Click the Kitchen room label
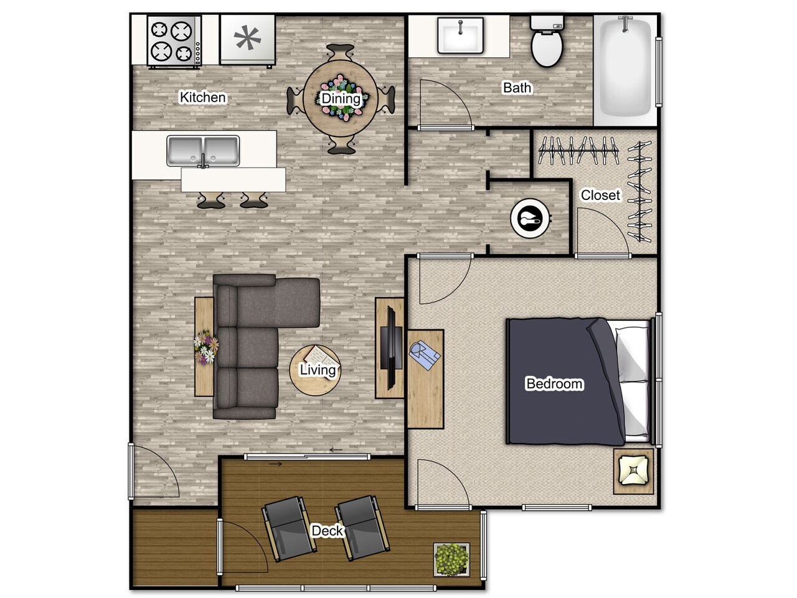(x=202, y=97)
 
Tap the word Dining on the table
(x=340, y=98)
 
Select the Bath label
(x=517, y=88)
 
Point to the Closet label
(x=600, y=195)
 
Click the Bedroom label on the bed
(x=554, y=384)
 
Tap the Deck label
(x=328, y=531)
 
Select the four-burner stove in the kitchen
(x=174, y=40)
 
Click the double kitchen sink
(x=203, y=151)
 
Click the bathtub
(x=625, y=67)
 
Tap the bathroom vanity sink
(x=460, y=36)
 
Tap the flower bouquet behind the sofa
(x=205, y=348)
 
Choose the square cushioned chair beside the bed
(x=633, y=470)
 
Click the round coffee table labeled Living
(x=316, y=370)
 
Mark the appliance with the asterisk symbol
(x=247, y=40)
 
